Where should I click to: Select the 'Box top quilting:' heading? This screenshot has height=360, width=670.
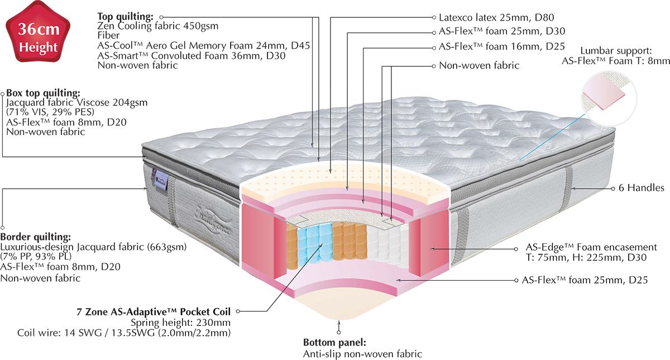tap(43, 93)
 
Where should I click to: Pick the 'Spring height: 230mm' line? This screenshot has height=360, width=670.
tap(180, 323)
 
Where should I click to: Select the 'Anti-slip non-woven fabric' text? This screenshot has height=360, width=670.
tap(363, 354)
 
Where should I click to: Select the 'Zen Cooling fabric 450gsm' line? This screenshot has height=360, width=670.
tap(158, 26)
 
